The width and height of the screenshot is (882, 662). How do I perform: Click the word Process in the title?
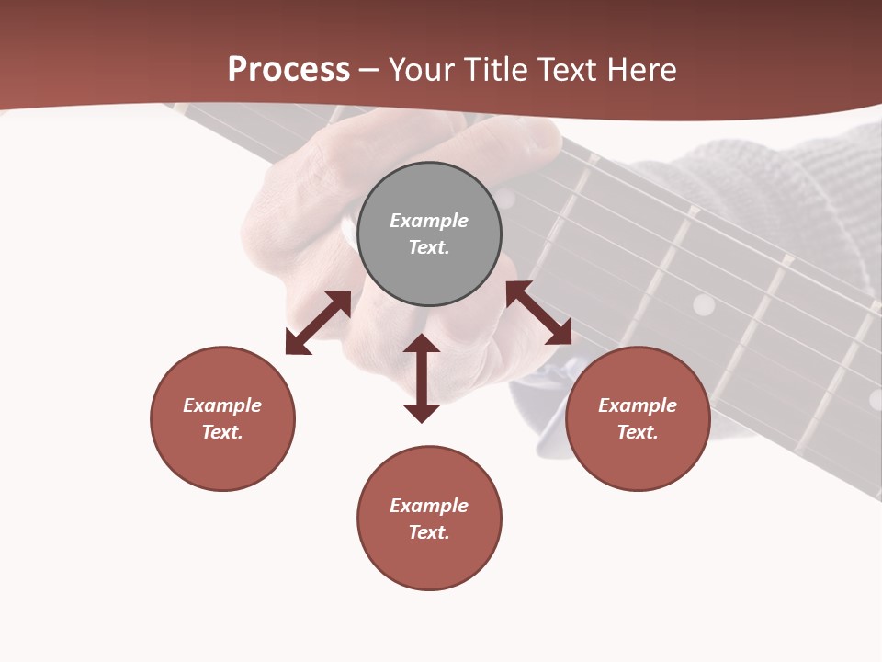pos(288,70)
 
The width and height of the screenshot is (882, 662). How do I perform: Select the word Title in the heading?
pos(500,70)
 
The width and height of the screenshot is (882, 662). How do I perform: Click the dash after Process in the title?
pos(369,71)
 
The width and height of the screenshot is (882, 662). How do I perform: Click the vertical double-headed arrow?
pos(422,378)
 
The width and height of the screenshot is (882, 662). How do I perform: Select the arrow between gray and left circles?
pos(318,323)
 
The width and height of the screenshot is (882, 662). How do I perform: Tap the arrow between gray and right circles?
pos(538,313)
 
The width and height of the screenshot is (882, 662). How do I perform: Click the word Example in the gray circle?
pos(429,221)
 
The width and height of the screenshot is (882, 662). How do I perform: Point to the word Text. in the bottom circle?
pos(429,532)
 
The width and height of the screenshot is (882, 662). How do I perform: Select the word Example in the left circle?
pos(222,405)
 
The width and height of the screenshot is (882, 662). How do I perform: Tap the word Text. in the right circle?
pos(638,432)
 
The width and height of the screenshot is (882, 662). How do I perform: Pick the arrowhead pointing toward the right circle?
pos(559,333)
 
